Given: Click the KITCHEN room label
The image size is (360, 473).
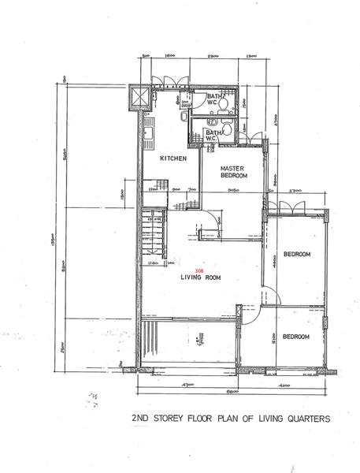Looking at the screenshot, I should click(173, 159).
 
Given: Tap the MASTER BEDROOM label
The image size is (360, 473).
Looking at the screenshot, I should click(234, 172).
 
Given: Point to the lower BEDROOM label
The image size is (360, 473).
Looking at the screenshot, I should click(296, 337).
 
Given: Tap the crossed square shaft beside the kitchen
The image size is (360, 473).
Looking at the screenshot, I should click(139, 97).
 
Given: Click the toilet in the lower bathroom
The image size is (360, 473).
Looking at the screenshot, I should click(227, 128).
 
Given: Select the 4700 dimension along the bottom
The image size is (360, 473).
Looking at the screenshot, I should click(187, 385).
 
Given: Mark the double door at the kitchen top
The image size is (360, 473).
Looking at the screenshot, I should click(170, 84).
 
